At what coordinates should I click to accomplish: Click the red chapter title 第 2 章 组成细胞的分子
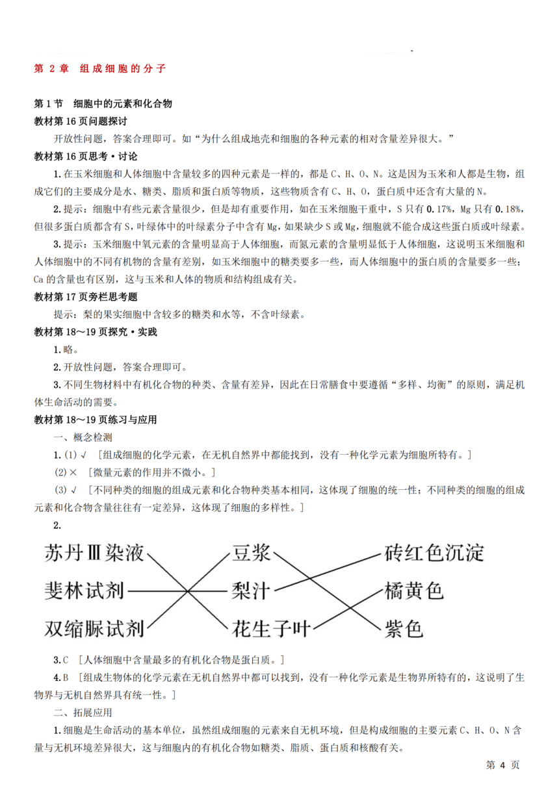101,68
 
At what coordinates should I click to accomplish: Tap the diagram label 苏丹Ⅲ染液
94,554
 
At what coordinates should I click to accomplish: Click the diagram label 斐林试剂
84,591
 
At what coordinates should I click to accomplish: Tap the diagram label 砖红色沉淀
434,554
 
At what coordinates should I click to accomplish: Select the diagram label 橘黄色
414,591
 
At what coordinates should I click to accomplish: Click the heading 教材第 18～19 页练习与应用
95,420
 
